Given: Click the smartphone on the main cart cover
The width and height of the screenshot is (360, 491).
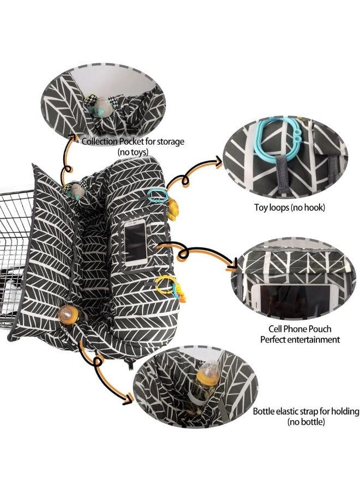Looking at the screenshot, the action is (x=136, y=242).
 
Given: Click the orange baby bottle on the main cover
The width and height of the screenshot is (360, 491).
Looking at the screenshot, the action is (x=69, y=315).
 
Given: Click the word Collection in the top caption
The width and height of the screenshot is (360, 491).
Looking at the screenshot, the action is (x=99, y=141).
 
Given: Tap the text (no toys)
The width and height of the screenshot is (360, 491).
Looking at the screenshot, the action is (x=133, y=152).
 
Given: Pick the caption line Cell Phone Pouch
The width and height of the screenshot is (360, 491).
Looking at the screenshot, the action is (x=299, y=329).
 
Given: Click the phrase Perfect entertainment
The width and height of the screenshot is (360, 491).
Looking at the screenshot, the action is (x=300, y=339).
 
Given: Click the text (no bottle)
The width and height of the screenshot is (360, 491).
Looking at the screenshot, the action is (x=306, y=422).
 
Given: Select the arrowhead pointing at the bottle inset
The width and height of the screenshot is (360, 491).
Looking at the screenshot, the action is (x=128, y=399).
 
